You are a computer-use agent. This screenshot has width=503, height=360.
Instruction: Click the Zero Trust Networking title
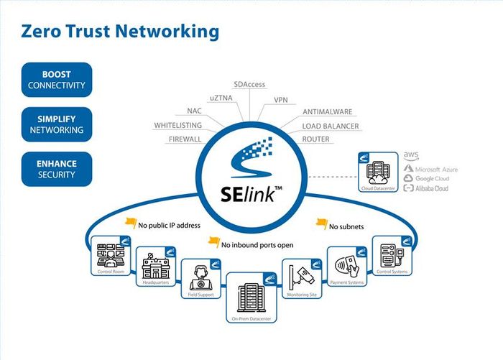[120, 32]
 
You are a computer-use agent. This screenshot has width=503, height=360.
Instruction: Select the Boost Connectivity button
[57, 80]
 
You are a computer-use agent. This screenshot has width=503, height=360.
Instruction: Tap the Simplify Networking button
[57, 124]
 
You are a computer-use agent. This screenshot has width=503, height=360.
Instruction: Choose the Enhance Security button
[57, 169]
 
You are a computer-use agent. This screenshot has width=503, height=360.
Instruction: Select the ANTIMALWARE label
[327, 112]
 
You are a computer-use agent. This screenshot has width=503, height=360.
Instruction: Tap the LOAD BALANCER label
[331, 126]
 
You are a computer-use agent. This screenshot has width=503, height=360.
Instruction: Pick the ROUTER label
[315, 139]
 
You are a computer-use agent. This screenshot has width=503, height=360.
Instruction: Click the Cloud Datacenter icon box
[377, 173]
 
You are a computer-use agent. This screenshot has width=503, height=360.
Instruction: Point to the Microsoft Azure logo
[430, 169]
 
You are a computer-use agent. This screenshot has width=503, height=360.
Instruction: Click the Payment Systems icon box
[347, 267]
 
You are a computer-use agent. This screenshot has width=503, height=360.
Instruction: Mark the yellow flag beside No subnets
[321, 223]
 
